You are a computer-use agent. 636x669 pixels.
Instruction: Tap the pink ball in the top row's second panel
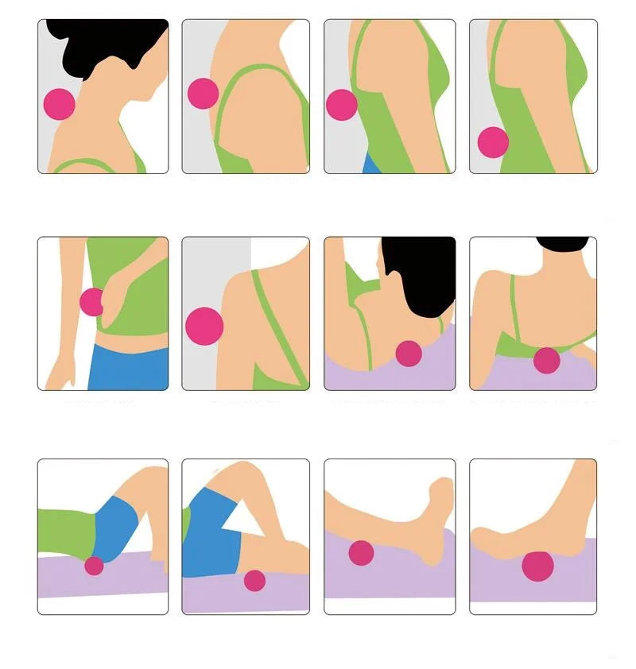(203, 93)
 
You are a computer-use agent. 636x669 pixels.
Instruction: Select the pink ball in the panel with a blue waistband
(342, 105)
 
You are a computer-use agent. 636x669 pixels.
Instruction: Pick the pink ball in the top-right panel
(493, 142)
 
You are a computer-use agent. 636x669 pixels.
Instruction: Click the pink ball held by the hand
(91, 302)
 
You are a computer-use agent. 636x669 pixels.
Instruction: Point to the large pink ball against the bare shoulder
(204, 325)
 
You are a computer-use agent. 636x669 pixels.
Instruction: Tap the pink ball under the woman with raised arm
(409, 354)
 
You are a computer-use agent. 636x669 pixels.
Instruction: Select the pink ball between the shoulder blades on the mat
(546, 360)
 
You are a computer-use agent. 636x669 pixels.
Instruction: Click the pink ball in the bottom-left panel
(94, 566)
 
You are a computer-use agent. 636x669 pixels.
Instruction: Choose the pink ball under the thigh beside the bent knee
(254, 580)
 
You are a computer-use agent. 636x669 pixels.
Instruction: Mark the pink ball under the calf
(361, 552)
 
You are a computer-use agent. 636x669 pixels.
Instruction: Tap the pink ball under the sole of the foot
(538, 566)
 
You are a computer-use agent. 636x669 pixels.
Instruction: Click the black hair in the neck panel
(95, 48)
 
